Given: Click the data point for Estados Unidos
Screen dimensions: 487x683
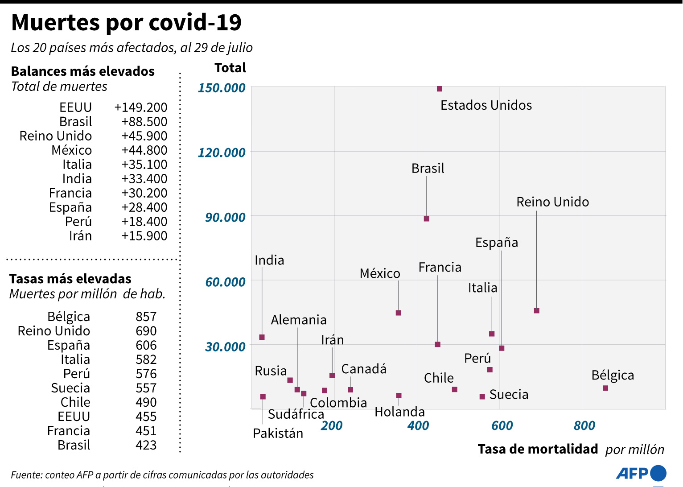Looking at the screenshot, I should (440, 89).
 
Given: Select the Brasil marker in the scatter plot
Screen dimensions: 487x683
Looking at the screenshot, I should (427, 219).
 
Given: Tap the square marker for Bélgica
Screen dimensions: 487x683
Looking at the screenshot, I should (605, 388).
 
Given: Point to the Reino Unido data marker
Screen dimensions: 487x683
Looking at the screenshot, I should (537, 310).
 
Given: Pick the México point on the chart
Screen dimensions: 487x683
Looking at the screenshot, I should (399, 313).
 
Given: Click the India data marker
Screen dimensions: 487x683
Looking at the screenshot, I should (262, 337).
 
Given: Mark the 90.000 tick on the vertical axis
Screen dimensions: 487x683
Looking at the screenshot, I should (225, 217).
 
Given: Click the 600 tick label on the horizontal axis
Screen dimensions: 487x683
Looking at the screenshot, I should (502, 425).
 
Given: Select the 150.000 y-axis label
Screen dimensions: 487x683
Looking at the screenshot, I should (222, 87).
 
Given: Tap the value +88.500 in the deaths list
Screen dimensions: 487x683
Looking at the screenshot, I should (144, 122).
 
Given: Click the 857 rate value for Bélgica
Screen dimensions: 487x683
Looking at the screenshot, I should (146, 317).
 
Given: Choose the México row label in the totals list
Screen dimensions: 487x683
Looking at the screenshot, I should (72, 150).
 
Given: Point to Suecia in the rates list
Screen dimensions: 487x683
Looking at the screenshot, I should (70, 388).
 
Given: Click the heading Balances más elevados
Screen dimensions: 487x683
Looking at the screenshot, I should (83, 71).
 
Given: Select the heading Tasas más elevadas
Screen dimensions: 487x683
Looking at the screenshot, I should (70, 279).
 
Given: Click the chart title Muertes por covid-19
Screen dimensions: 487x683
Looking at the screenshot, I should (127, 22).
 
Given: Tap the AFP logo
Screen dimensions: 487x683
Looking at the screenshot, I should (641, 473).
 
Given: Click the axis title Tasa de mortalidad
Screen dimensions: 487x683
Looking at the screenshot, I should (538, 449).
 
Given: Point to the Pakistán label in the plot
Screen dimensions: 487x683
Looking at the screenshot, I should (278, 433).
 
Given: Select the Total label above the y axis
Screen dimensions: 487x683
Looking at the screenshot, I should (230, 68).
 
